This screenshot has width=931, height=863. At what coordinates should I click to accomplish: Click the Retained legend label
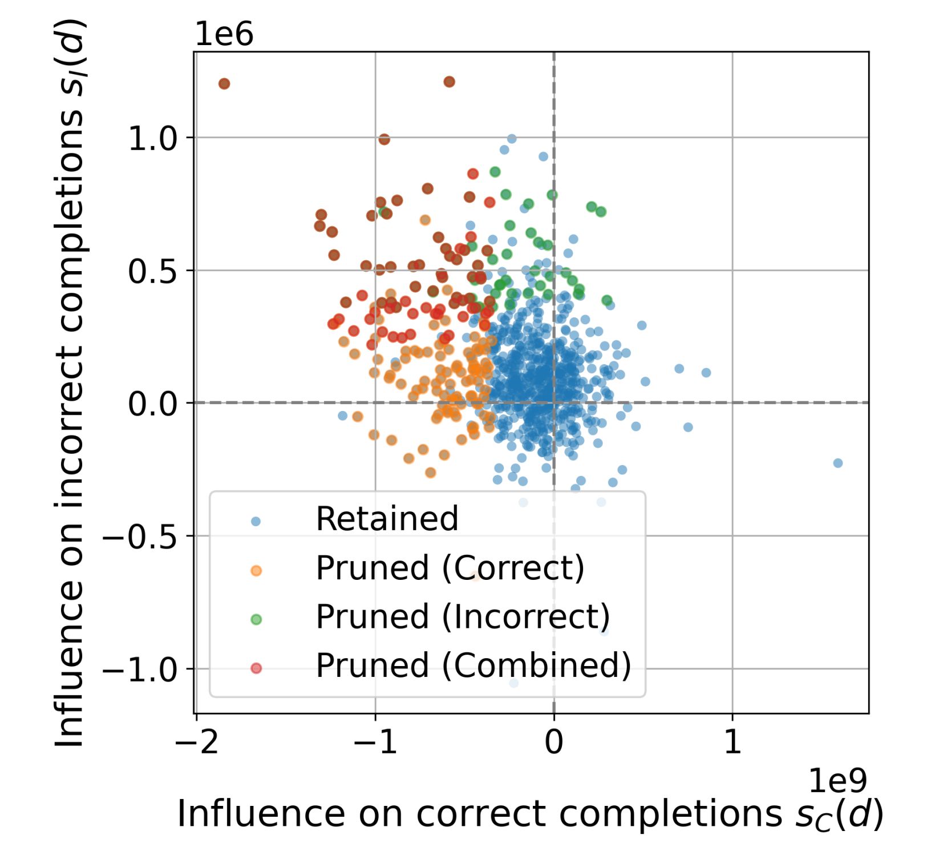(x=387, y=519)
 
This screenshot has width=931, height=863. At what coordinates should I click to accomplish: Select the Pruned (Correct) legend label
(x=450, y=568)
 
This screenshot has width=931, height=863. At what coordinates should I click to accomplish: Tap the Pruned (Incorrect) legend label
(x=463, y=617)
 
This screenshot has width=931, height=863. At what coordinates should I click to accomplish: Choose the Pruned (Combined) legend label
(x=473, y=666)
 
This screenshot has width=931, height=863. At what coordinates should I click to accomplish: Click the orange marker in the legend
(x=256, y=570)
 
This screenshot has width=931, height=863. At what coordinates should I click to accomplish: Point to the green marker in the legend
(x=256, y=619)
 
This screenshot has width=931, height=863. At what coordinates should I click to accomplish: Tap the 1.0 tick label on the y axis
(x=152, y=139)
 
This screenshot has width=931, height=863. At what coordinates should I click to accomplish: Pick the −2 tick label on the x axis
(x=197, y=743)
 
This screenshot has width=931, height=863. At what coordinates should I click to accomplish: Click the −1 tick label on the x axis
(x=375, y=743)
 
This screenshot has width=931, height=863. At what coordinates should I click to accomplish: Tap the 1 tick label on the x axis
(x=732, y=743)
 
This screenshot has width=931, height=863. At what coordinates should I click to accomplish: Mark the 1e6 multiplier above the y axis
(x=224, y=35)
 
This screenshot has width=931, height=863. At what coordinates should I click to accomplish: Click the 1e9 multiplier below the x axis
(x=837, y=780)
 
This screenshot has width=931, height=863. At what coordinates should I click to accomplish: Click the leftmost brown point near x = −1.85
(x=224, y=84)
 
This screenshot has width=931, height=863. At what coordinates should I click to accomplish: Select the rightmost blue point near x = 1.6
(x=837, y=463)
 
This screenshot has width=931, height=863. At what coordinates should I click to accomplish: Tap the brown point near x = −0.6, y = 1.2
(x=449, y=82)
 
